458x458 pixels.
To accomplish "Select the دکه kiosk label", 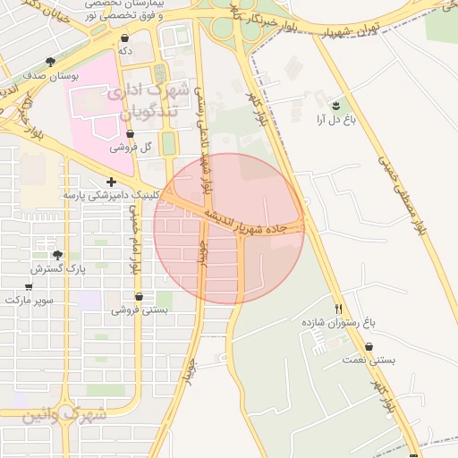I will [x=124, y=52].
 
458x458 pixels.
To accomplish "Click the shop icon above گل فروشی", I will [x=131, y=133].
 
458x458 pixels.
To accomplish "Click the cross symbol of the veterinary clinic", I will [x=111, y=182].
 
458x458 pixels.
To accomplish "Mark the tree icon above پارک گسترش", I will [x=58, y=255].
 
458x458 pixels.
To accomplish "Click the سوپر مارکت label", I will [x=29, y=301].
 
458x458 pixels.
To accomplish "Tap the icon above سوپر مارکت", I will [x=29, y=287].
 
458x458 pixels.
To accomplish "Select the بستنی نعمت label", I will [x=368, y=360].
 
